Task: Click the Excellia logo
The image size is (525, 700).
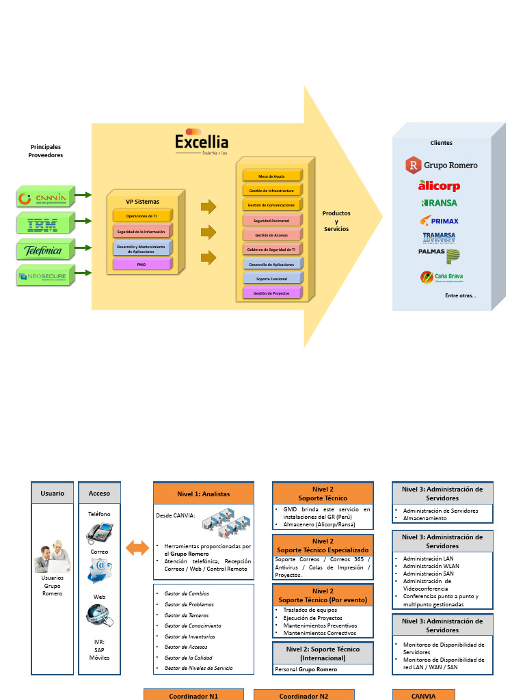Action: (201, 141)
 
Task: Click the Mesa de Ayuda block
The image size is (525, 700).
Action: (271, 176)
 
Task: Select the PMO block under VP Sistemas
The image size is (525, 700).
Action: (142, 264)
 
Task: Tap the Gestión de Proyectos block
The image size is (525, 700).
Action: (271, 293)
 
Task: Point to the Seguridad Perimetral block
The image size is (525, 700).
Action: (271, 221)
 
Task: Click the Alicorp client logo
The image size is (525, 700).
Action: (439, 186)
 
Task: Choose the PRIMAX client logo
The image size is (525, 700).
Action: (440, 221)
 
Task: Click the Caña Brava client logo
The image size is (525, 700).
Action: (442, 277)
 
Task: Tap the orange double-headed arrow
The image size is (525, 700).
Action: (137, 547)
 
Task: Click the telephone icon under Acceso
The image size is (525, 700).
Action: (99, 532)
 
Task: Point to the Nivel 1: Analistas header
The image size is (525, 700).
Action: (203, 494)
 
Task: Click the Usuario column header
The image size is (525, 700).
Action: (53, 493)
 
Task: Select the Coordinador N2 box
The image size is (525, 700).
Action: (304, 695)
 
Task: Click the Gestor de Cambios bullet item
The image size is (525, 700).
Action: (187, 594)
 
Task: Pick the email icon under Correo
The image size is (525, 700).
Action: (99, 569)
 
